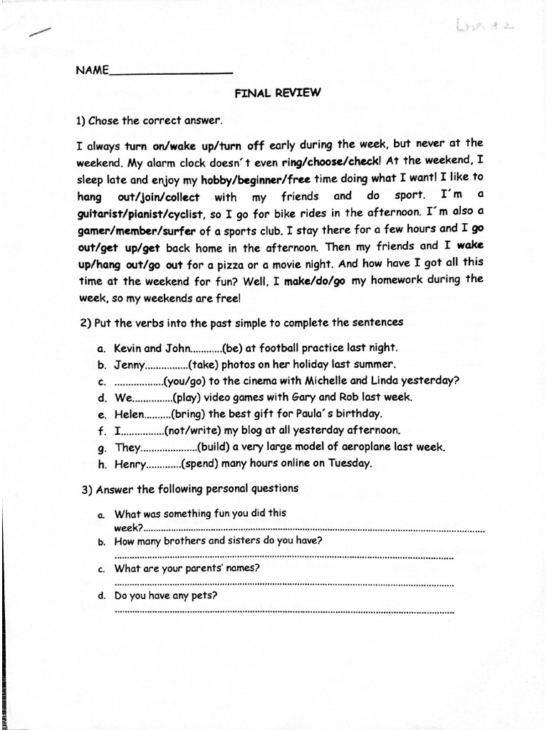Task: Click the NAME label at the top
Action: pos(90,70)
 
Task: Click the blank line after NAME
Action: pos(170,72)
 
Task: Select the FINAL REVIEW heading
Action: pos(278,93)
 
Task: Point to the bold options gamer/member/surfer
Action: pos(130,230)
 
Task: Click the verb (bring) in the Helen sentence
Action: pos(186,414)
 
